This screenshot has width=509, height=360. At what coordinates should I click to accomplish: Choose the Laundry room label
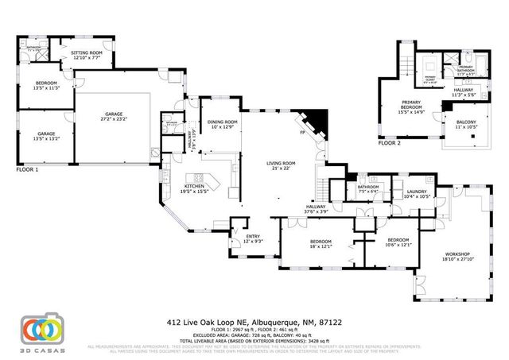point(416,193)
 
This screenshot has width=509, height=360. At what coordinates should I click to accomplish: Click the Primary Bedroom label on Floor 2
point(410,104)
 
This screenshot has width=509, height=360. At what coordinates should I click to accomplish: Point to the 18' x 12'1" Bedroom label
point(321,243)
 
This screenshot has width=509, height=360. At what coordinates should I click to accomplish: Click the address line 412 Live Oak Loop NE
point(254,323)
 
